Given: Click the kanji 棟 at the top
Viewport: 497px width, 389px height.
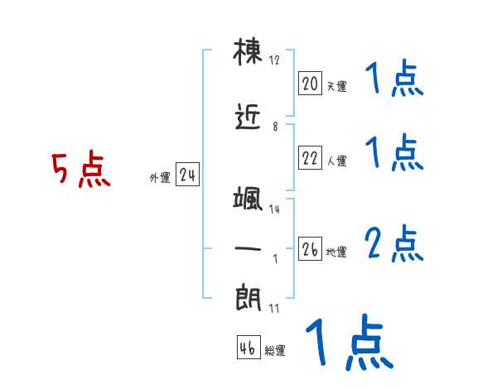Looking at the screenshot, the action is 248,52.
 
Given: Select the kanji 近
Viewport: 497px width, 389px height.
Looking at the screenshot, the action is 248,117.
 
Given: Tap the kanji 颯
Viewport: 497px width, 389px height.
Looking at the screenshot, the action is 248,199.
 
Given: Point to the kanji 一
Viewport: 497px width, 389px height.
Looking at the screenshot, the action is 248,248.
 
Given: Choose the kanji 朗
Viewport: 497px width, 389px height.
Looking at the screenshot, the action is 248,298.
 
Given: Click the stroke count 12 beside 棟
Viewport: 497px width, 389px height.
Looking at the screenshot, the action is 274,60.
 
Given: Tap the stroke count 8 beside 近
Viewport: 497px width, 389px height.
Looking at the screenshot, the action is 275,127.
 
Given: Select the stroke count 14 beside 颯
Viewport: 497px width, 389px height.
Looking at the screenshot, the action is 274,209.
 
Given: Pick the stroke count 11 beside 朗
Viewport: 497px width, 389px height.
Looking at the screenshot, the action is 274,309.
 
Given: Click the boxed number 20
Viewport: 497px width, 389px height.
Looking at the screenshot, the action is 310,84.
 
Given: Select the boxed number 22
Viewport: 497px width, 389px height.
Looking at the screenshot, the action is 310,157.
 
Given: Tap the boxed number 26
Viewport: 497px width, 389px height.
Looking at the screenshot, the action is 310,248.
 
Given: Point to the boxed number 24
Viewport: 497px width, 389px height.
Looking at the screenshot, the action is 187,175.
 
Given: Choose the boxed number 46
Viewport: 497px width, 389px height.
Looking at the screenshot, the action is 248,348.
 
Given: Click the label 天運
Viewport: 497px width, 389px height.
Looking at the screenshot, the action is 337,86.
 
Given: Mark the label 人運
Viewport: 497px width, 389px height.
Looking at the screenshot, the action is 337,161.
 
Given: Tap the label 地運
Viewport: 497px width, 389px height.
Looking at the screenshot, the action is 336,252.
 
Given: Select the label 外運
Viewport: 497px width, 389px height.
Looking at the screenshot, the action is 160,178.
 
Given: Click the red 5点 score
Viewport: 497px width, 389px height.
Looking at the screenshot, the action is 81,169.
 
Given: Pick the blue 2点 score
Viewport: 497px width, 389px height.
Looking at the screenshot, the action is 394,243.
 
